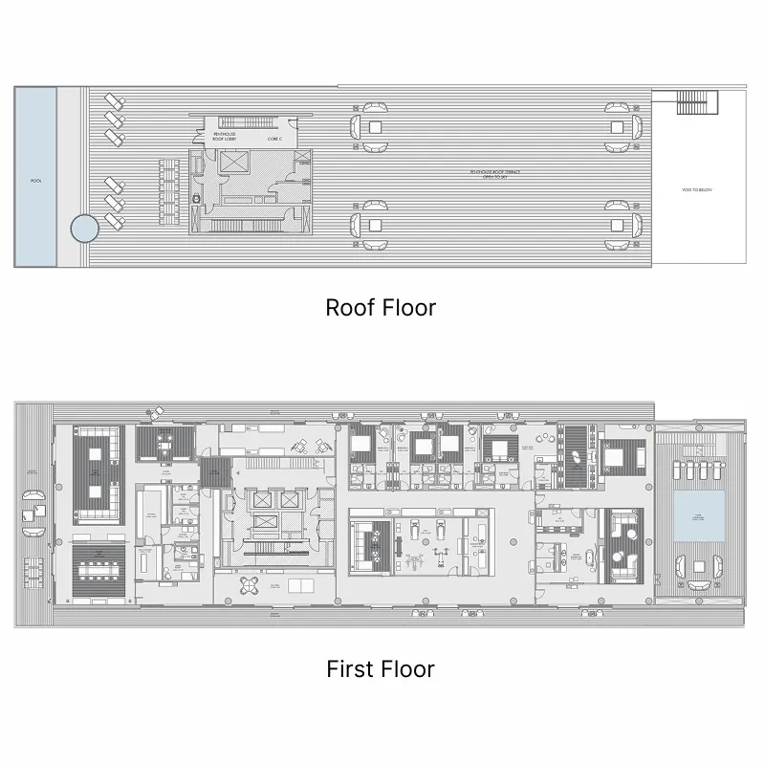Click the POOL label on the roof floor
36,180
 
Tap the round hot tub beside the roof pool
83,229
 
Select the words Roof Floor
381,308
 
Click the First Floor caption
381,668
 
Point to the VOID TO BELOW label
697,190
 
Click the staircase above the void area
696,100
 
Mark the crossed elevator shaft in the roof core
233,163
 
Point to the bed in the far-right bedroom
623,457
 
